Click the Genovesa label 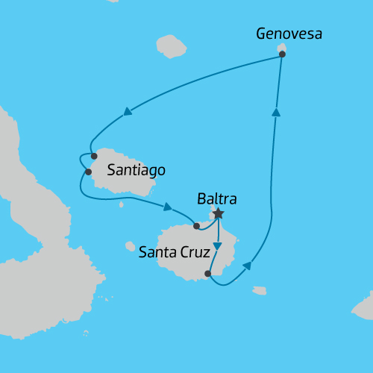click(289, 34)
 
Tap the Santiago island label click(136, 170)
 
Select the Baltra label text click(217, 199)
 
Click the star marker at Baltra click(218, 214)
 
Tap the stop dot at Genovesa click(281, 54)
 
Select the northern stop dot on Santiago click(94, 157)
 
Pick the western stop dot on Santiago click(89, 172)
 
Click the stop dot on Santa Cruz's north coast click(196, 225)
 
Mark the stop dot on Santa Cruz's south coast click(208, 274)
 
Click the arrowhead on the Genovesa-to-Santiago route click(128, 112)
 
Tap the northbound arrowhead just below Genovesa click(276, 112)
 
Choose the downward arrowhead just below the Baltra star click(217, 246)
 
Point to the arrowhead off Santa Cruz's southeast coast click(246, 266)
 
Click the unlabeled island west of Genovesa click(172, 46)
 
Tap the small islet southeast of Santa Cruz click(259, 290)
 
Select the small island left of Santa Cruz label click(131, 246)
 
